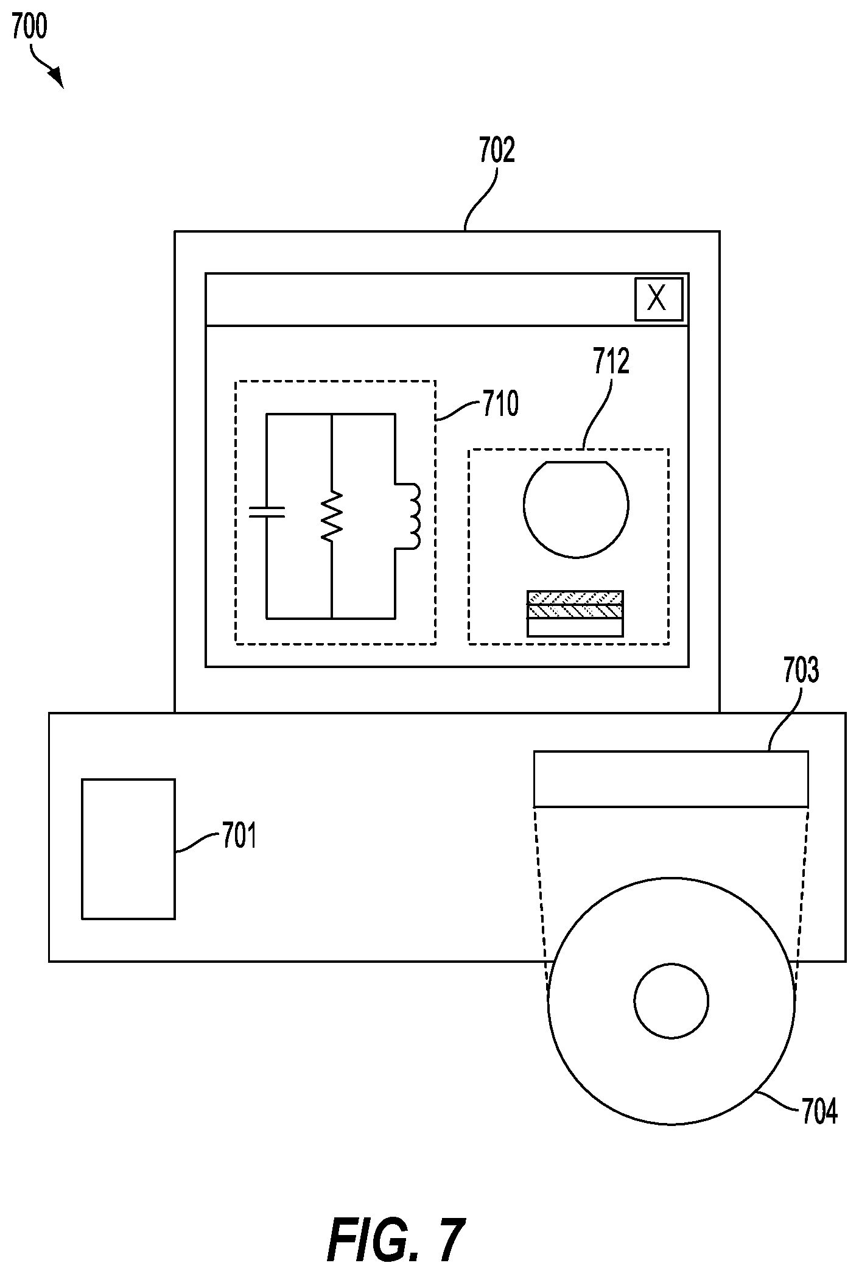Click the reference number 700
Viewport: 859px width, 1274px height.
pyautogui.click(x=29, y=28)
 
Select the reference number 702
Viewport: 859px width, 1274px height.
pyautogui.click(x=497, y=150)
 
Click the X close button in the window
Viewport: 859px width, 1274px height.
pyautogui.click(x=659, y=299)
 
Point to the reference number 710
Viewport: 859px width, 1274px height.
pyautogui.click(x=500, y=404)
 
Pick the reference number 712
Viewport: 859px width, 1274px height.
pyautogui.click(x=611, y=361)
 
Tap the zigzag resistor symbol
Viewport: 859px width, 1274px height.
pyautogui.click(x=332, y=516)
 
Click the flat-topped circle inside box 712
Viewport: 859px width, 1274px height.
pyautogui.click(x=576, y=509)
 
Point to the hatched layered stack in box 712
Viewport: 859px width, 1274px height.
pyautogui.click(x=575, y=613)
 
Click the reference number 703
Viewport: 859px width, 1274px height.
pyautogui.click(x=801, y=671)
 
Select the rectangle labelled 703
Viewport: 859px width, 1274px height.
pyautogui.click(x=671, y=779)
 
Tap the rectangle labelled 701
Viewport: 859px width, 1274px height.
pyautogui.click(x=128, y=848)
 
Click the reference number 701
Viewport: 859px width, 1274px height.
pyautogui.click(x=239, y=836)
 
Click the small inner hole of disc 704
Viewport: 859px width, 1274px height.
pyautogui.click(x=671, y=1001)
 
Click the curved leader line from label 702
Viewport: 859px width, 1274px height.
pyautogui.click(x=481, y=197)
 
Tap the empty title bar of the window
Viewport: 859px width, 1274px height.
pyautogui.click(x=420, y=299)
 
